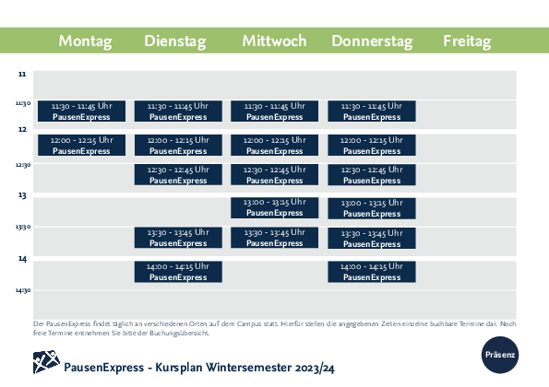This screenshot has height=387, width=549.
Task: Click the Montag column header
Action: coord(85,41)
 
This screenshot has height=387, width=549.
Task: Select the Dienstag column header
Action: coord(175,41)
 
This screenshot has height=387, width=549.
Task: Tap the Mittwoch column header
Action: coord(275,41)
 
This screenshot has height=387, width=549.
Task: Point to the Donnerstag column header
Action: coord(372,41)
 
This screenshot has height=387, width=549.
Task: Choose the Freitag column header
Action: coord(467,41)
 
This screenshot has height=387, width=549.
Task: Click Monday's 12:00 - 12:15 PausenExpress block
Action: coord(81,145)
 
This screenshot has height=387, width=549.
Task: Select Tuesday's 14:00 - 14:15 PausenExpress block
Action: coord(178,272)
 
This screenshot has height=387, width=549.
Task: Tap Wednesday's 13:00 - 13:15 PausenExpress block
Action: coord(275,207)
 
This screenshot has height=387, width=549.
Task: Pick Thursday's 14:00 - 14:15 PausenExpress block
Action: coord(372,272)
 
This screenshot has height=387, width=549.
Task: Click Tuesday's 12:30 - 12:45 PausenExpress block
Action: coord(178,174)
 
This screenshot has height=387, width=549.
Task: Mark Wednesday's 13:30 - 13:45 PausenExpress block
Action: coord(275,238)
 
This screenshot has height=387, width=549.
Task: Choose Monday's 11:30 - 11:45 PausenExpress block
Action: coord(81,111)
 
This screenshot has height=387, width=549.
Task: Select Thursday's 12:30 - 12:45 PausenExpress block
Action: coord(372,174)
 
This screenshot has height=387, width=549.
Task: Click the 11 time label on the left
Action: coord(22,74)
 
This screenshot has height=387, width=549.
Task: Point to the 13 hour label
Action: coord(22,194)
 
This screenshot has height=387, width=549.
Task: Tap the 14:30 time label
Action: coord(23,290)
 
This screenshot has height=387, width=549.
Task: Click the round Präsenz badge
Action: coord(500,355)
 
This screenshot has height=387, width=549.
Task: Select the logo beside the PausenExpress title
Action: coord(46,362)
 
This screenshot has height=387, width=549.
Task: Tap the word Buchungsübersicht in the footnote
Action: coord(179,334)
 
